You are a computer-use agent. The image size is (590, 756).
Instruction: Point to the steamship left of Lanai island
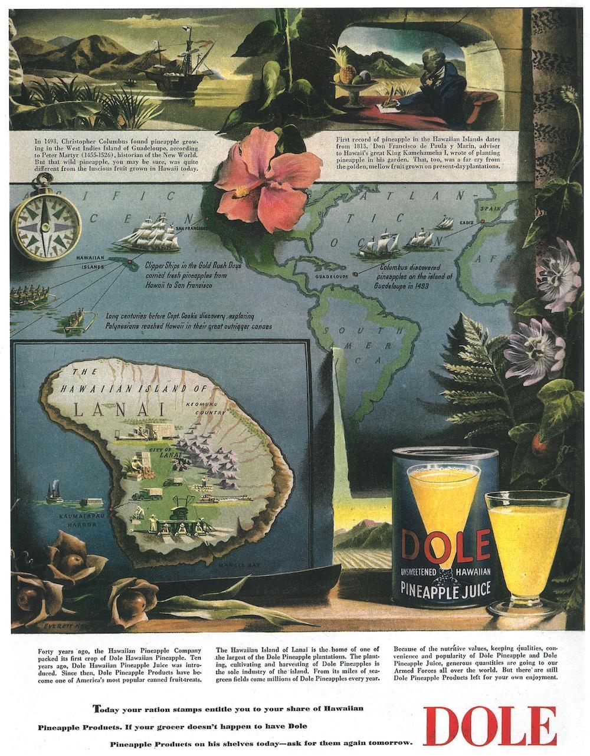point(55,491)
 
